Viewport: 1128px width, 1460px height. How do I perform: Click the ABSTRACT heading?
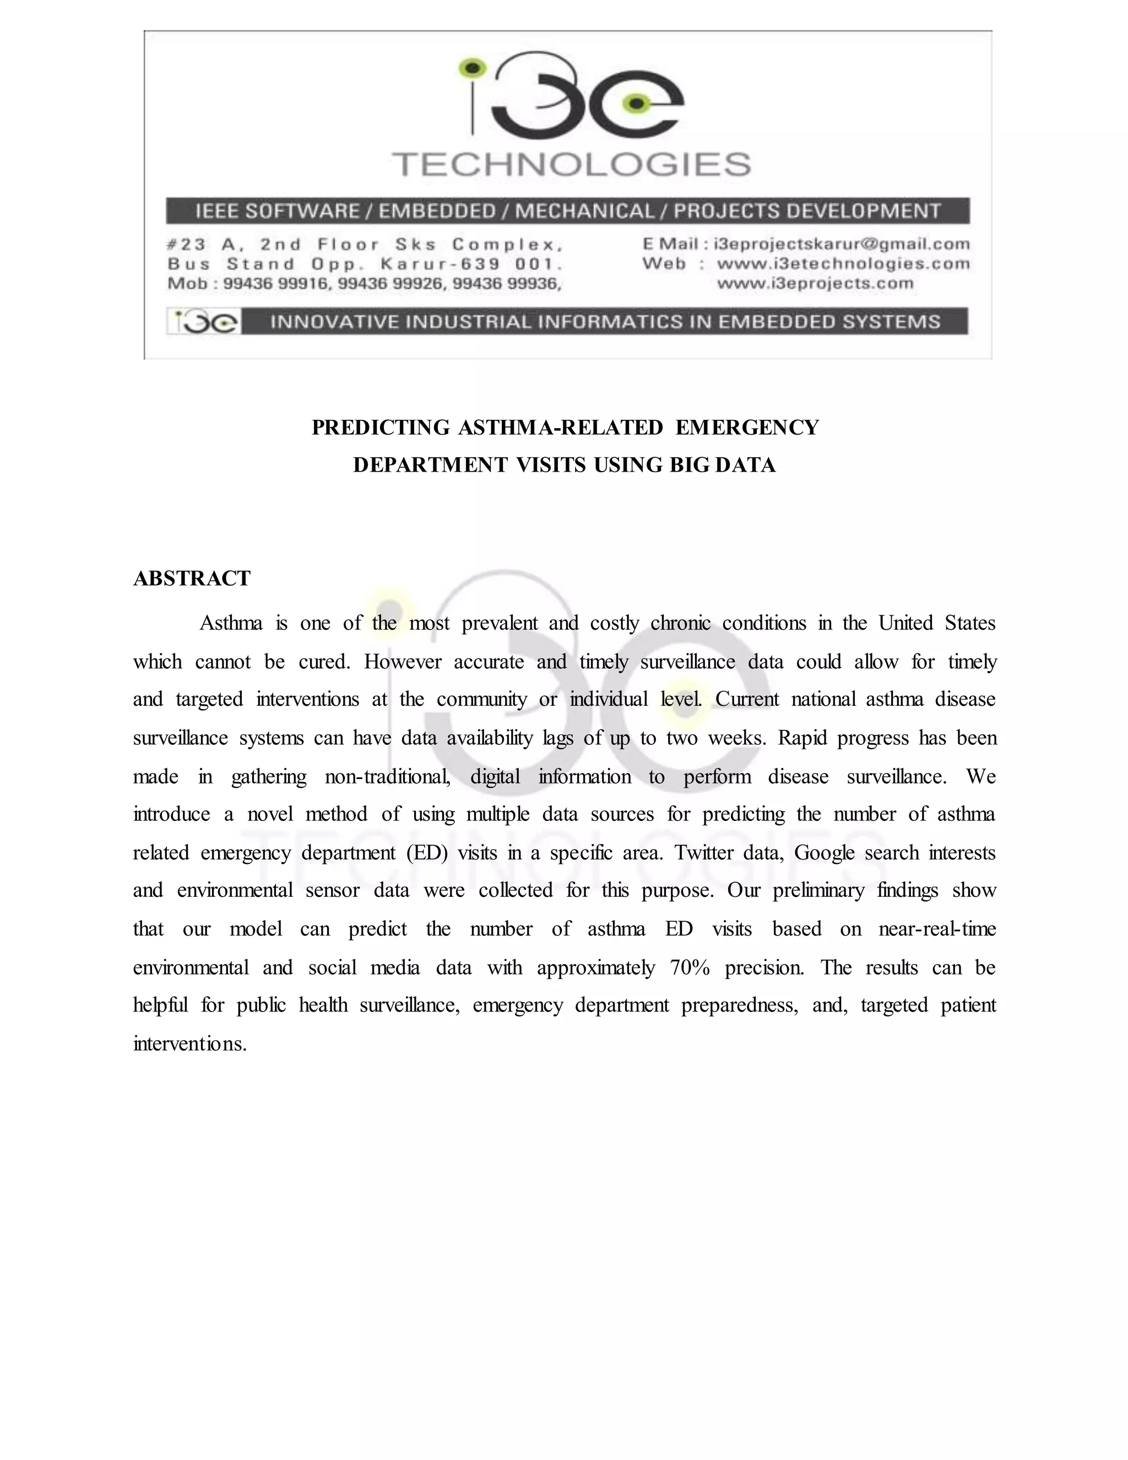[192, 578]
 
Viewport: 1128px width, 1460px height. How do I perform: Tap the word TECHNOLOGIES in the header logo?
[571, 164]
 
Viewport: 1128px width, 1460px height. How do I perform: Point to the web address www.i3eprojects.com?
[815, 283]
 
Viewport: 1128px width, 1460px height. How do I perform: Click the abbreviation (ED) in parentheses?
[426, 853]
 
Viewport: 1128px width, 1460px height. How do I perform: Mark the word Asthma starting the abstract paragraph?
[231, 624]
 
